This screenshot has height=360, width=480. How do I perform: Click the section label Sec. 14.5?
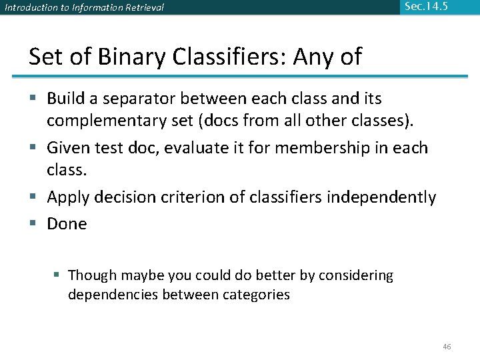pos(425,7)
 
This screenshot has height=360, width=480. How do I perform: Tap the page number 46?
pos(447,347)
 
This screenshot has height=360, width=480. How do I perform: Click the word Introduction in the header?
pos(25,8)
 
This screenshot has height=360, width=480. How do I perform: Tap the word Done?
pos(67,224)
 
